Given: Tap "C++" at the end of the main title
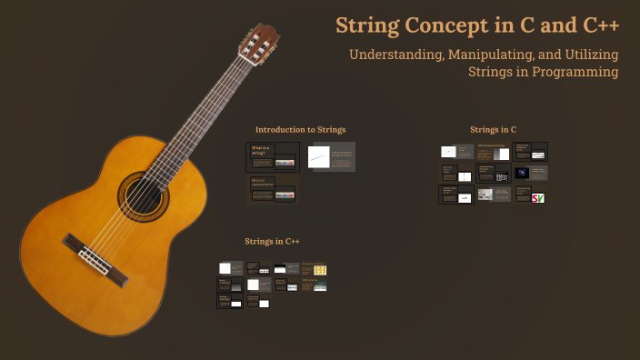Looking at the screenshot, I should (596, 25).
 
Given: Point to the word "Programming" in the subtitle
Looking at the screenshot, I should (571, 71).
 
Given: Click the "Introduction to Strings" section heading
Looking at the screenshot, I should (300, 130).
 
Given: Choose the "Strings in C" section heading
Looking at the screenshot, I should (493, 130).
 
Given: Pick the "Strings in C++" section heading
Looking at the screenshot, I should (272, 241).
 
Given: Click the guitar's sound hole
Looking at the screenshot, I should (144, 194).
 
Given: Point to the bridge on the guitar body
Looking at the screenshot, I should (87, 254).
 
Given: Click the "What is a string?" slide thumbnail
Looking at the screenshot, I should (273, 156).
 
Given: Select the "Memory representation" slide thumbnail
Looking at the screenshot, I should (273, 190).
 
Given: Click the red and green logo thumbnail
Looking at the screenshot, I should (537, 196).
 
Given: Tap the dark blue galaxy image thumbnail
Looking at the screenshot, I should (522, 173).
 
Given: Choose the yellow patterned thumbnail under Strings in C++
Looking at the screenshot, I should (320, 269).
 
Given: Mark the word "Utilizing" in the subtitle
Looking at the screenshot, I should (590, 55).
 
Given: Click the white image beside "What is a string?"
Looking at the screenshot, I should (319, 156).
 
